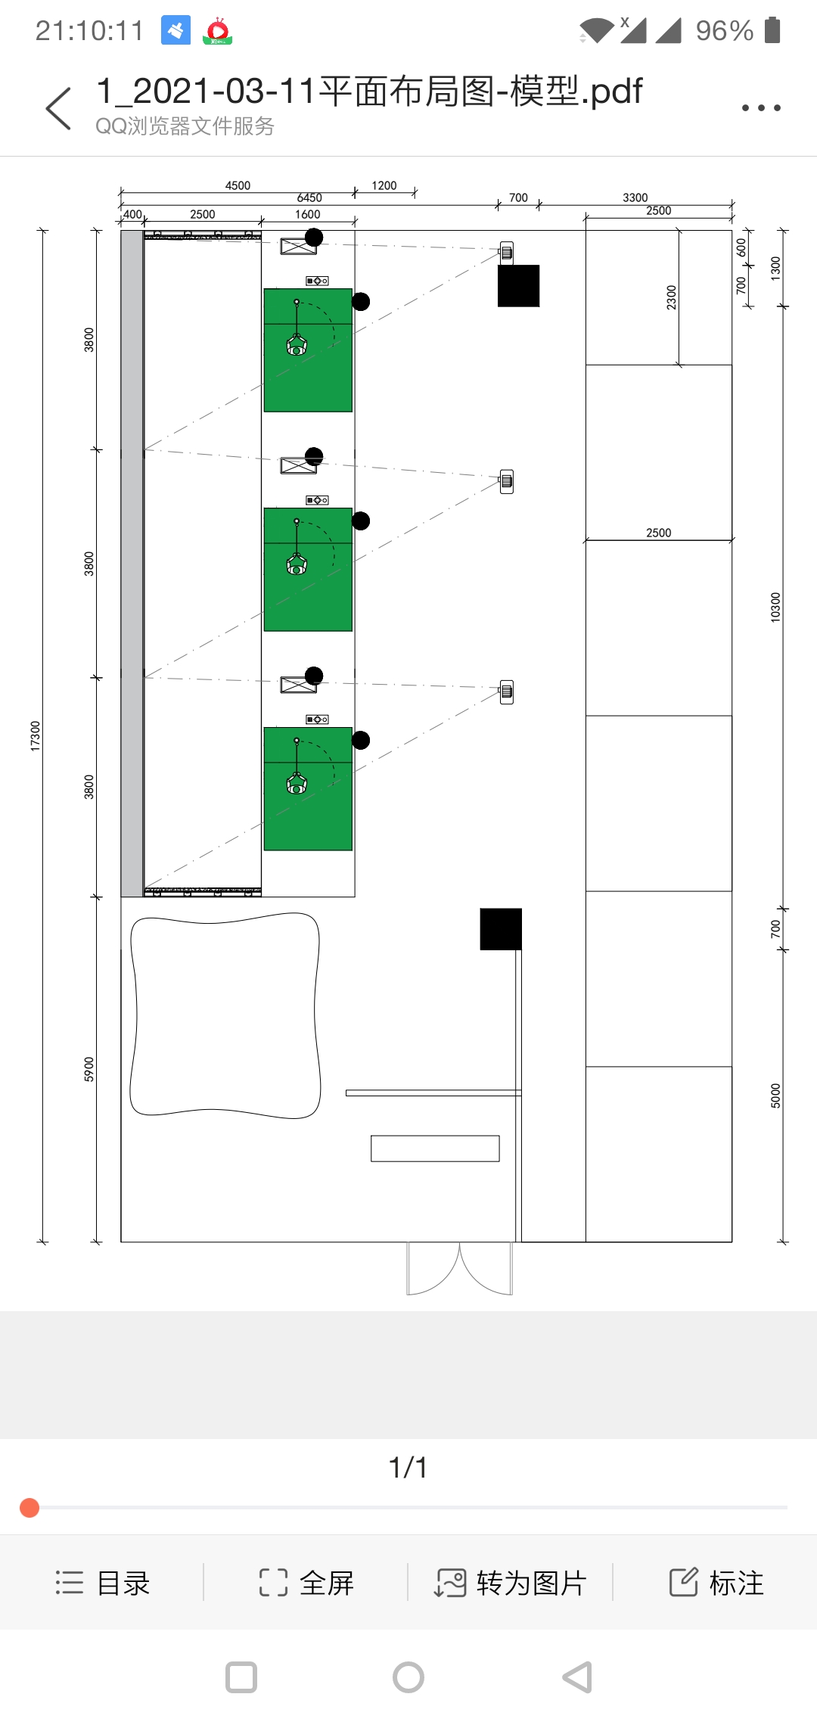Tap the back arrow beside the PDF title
[x=58, y=108]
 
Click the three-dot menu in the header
[x=761, y=108]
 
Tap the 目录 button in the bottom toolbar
[x=103, y=1583]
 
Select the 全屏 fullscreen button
[x=306, y=1583]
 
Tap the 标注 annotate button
[x=716, y=1583]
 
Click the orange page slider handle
[x=30, y=1508]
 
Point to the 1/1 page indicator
[x=408, y=1468]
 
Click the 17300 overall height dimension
[x=35, y=736]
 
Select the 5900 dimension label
[x=89, y=1069]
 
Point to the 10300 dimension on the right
[x=775, y=608]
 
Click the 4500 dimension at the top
[x=238, y=185]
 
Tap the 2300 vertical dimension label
[x=672, y=297]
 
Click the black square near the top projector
[x=519, y=286]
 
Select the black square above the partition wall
[x=501, y=929]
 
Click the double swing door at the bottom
[x=460, y=1269]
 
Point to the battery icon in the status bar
[x=772, y=30]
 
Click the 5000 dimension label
[x=775, y=1096]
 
